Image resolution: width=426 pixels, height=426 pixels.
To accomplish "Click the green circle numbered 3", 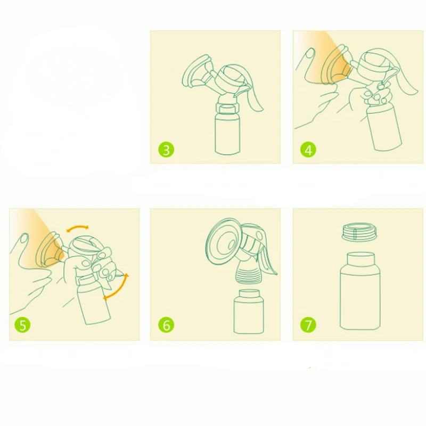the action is click(166, 150).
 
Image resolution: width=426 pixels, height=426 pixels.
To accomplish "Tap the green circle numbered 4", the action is click(308, 150).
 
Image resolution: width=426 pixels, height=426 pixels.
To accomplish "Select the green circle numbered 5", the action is click(22, 325).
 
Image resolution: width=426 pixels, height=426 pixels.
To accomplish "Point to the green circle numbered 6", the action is click(166, 325).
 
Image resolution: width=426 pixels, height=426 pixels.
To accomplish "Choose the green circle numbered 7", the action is click(308, 325).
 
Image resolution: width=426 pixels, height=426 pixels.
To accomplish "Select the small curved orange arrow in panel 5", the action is click(78, 228).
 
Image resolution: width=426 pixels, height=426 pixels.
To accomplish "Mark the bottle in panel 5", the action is click(94, 303).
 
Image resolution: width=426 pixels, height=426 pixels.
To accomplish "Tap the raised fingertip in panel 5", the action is click(24, 237).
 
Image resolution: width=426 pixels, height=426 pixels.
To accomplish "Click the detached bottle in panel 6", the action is click(249, 312).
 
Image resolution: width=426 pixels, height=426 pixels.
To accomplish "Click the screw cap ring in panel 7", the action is click(360, 232).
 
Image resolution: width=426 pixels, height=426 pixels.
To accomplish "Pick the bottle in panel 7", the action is click(361, 291).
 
